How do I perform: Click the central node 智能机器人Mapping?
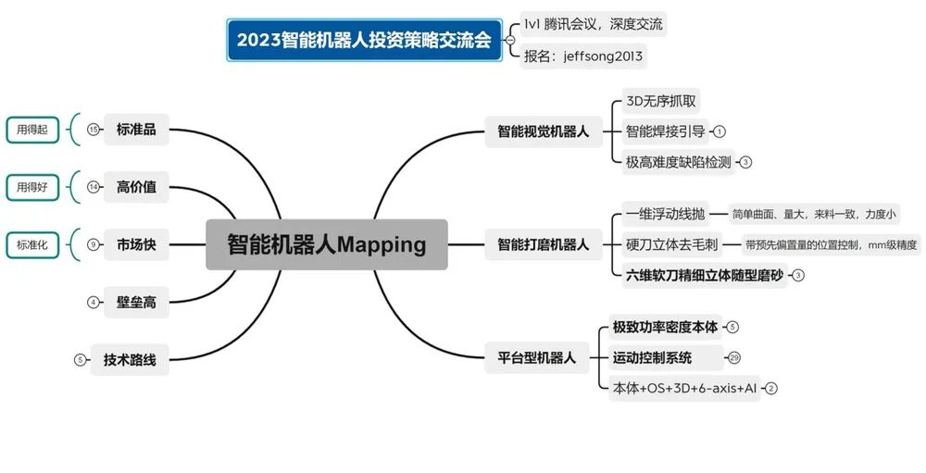326,244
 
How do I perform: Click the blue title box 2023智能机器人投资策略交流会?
364,41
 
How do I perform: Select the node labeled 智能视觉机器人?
543,131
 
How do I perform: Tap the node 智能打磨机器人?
543,244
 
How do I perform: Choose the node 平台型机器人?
531,357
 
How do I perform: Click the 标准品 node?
136,130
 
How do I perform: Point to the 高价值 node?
136,187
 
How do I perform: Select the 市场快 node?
136,244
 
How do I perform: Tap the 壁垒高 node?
136,302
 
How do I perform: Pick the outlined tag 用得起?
31,131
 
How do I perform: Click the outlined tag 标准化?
31,244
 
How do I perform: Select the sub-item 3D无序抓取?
660,101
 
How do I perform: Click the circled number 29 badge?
734,357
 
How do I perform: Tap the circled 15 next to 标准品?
93,131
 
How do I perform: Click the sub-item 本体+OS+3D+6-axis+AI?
686,389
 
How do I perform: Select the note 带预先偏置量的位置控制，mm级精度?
832,244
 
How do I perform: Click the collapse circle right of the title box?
510,40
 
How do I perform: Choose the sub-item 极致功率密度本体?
665,327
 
